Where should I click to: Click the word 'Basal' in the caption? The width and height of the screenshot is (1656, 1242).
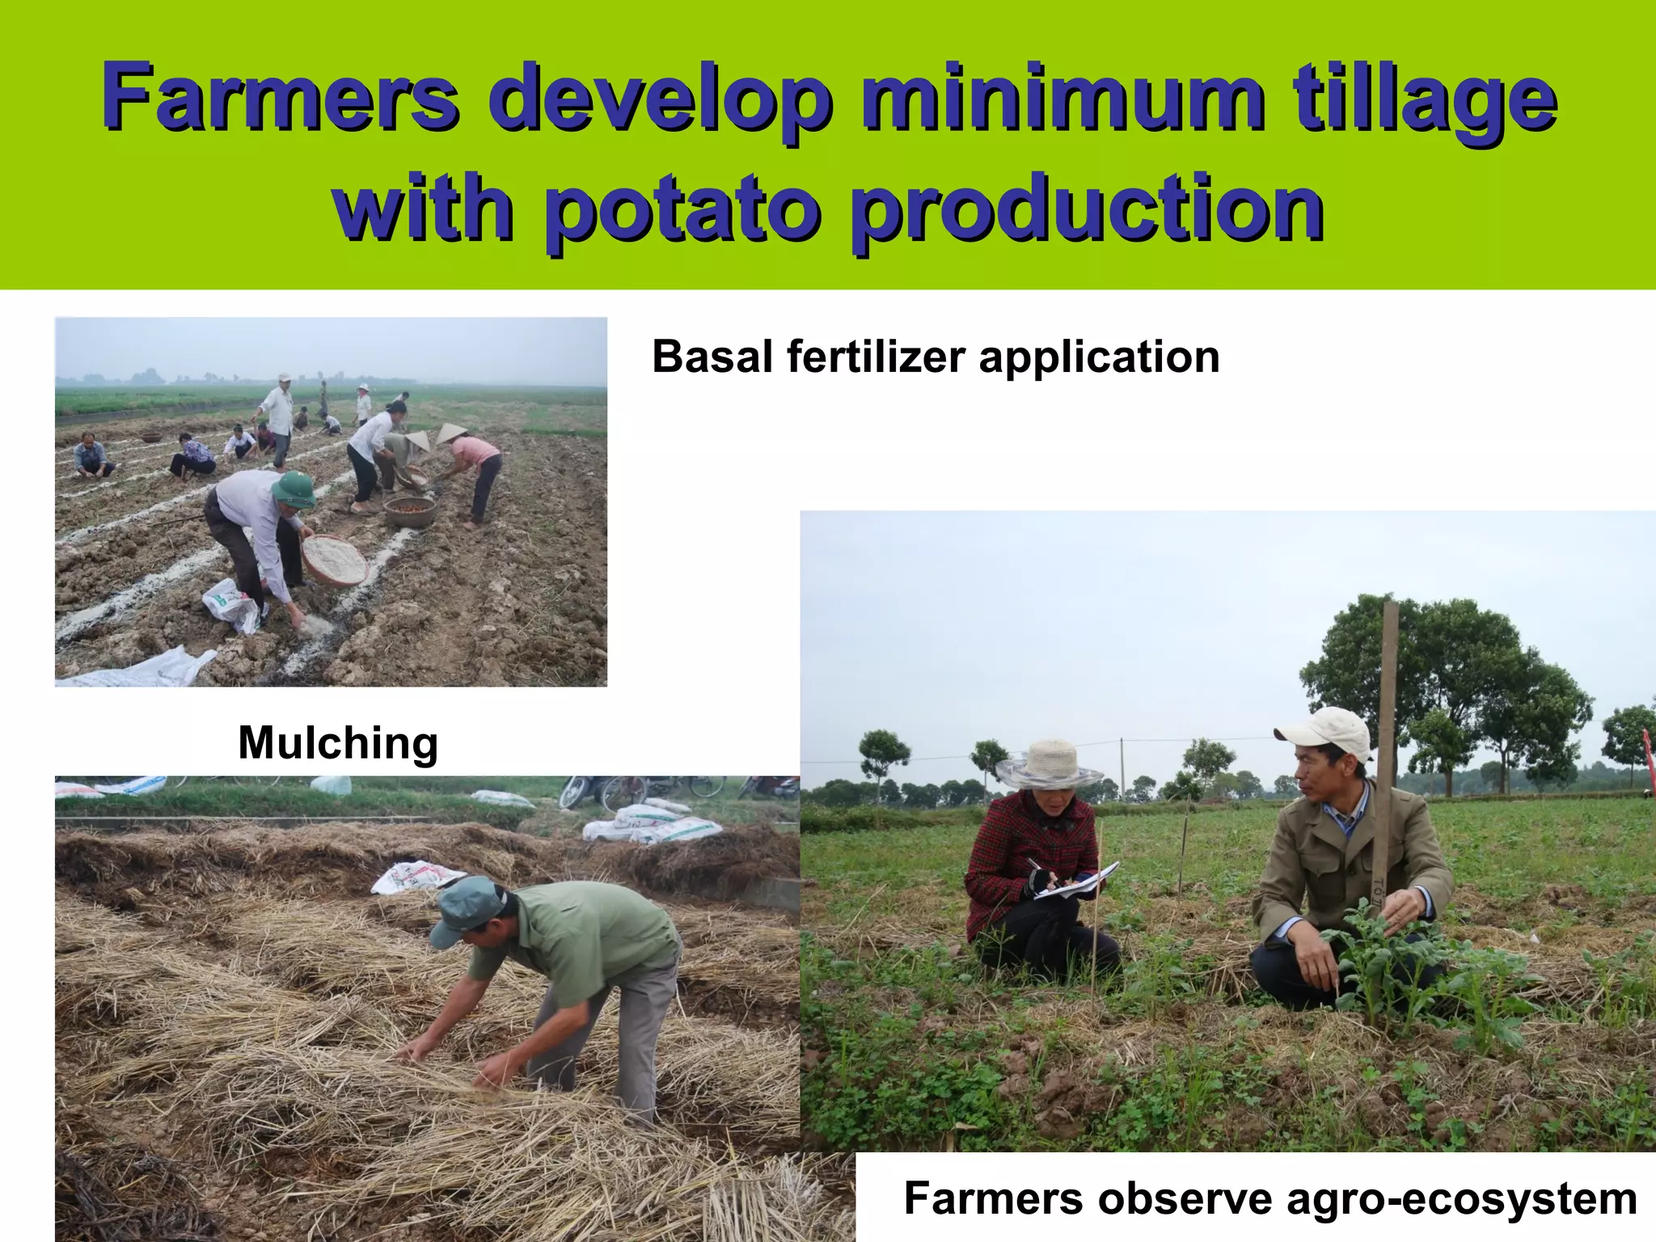712,357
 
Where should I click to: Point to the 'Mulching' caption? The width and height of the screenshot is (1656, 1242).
338,742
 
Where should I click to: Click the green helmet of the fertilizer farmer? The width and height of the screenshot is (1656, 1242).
294,489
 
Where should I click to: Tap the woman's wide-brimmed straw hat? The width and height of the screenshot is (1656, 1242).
1049,764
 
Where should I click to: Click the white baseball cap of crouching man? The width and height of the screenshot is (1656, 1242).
1326,733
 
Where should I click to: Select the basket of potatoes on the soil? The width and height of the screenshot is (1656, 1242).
410,511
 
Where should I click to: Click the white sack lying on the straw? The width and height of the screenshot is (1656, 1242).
416,877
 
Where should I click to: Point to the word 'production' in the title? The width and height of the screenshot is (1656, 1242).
1088,208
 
